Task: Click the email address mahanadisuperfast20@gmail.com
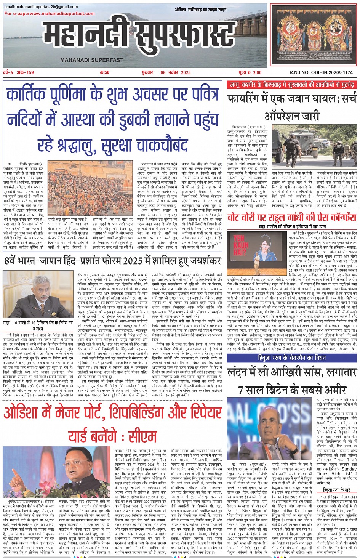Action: [x=41, y=7]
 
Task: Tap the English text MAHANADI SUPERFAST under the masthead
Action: [x=92, y=60]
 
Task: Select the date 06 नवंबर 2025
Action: [x=175, y=72]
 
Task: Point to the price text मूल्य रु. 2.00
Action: [x=250, y=72]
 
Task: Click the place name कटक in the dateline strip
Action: [x=104, y=72]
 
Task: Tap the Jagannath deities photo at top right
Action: [x=314, y=35]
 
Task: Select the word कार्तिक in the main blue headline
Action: [x=27, y=94]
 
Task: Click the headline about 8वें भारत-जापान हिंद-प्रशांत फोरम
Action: [x=113, y=261]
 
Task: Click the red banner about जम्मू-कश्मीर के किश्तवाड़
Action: [x=292, y=85]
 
